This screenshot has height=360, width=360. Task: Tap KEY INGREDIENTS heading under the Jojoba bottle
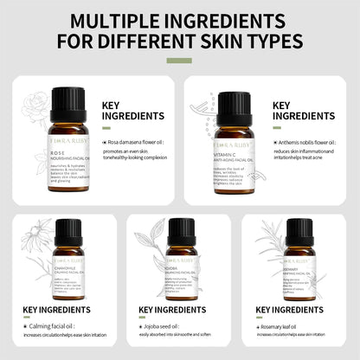[180, 308]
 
